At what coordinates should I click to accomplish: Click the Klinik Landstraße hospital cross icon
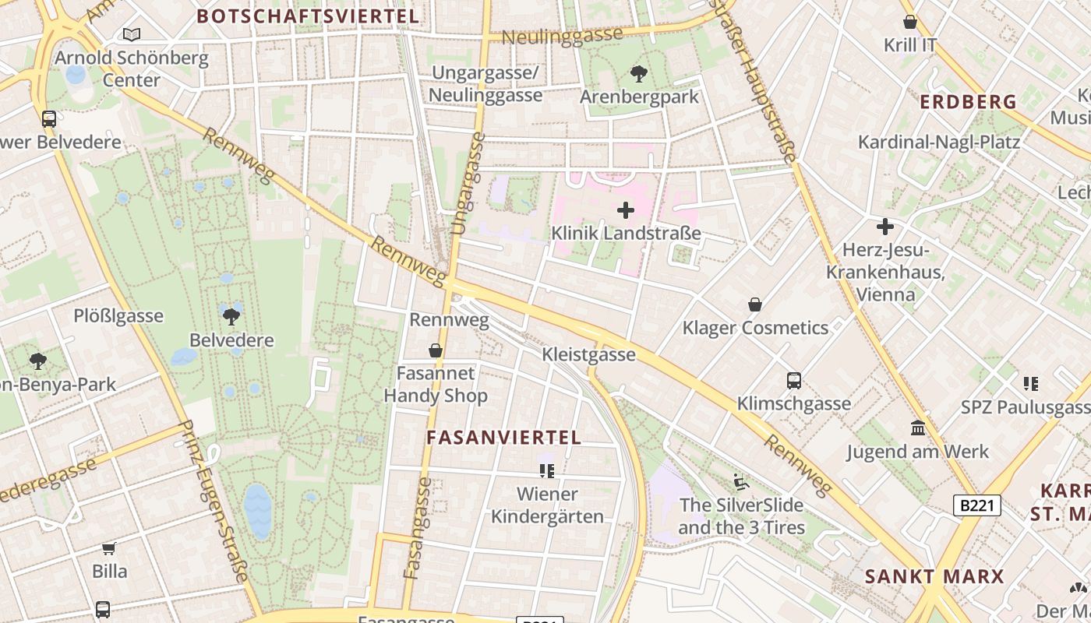click(625, 210)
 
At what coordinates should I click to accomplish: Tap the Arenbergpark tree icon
click(638, 75)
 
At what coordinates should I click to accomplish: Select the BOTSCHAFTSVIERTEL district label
click(308, 16)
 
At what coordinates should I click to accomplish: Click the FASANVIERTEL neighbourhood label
click(503, 438)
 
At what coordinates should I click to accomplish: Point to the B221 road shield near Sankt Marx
click(977, 505)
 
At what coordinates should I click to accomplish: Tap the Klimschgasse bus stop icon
click(793, 381)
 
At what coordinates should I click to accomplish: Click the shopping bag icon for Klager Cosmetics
click(754, 304)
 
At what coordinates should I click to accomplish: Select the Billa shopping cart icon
click(109, 548)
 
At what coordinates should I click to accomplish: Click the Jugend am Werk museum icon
click(917, 428)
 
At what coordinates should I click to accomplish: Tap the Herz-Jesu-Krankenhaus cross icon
click(884, 227)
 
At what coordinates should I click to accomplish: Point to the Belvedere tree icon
click(231, 316)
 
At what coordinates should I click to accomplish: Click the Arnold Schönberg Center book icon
click(132, 34)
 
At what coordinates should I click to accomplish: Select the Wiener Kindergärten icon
click(547, 470)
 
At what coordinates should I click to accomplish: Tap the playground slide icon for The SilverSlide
click(741, 482)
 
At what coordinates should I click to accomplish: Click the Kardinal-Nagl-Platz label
click(938, 142)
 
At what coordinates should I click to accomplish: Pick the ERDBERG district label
click(968, 102)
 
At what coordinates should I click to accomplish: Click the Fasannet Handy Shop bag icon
click(436, 351)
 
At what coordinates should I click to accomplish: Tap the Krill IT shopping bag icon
click(909, 22)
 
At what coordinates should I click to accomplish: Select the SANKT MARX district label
click(934, 576)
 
